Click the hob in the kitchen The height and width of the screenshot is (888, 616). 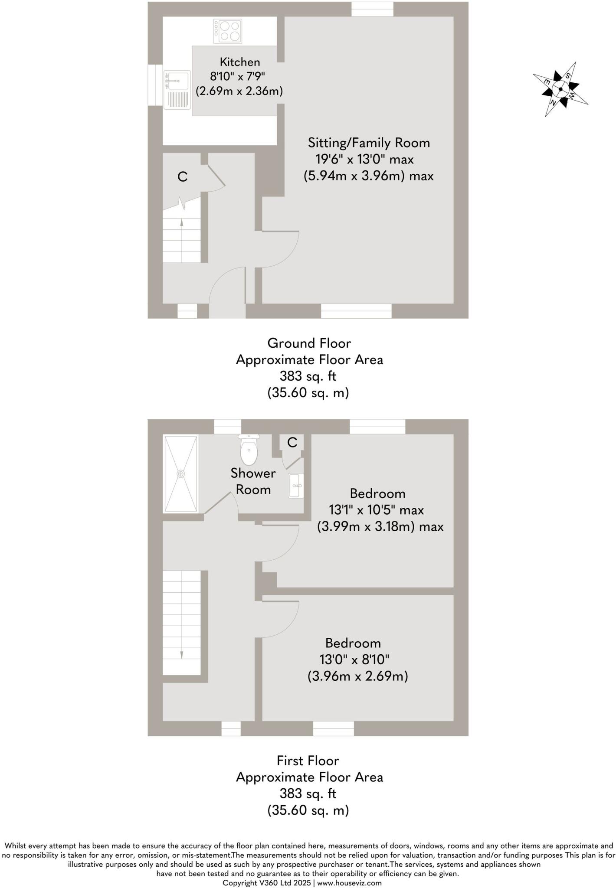pos(227,31)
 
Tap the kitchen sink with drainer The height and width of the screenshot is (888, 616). pos(177,90)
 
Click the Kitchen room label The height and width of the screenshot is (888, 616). pos(239,62)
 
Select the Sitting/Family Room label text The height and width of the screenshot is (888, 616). pos(369,143)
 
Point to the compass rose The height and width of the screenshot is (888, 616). pos(560,89)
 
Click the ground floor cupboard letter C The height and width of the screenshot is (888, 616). pos(183,177)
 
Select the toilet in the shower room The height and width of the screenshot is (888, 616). pos(249,449)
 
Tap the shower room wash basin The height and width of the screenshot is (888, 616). pos(296,485)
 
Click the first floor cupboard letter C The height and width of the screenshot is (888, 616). pos(292,442)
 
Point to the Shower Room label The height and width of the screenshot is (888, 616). pos(253,481)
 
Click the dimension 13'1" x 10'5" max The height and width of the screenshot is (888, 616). pos(376,510)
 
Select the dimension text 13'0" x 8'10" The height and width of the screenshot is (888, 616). pos(354,659)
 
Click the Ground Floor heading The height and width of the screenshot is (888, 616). pos(309,343)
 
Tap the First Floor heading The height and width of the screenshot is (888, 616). pos(308,761)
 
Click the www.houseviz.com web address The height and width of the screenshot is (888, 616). pos(349,883)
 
